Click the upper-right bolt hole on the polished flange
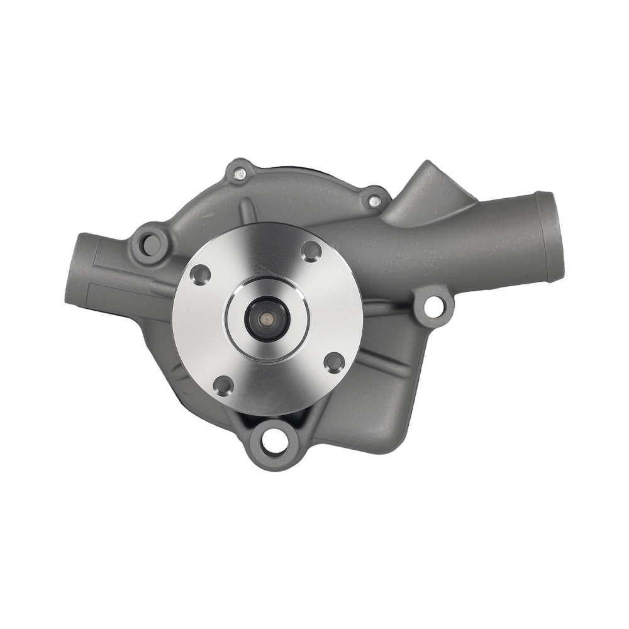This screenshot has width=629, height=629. click(311, 251)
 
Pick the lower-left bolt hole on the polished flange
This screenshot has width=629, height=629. click(223, 385)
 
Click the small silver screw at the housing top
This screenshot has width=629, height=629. click(239, 173)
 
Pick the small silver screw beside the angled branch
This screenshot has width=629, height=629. click(375, 201)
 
